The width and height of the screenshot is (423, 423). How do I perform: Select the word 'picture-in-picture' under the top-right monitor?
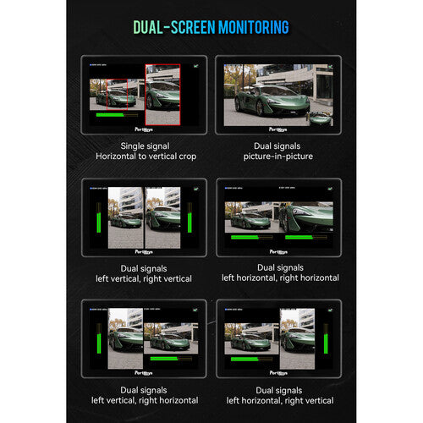278,157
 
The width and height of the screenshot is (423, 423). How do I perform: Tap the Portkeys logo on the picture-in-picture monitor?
278,129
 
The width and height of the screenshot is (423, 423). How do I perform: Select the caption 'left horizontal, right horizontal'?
279,277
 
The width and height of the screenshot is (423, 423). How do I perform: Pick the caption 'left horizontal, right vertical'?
279,400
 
